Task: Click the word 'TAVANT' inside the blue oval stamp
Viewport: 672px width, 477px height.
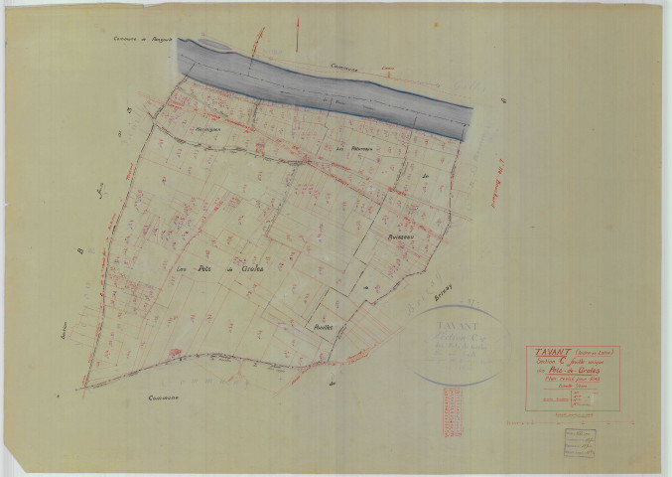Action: coord(456,324)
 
